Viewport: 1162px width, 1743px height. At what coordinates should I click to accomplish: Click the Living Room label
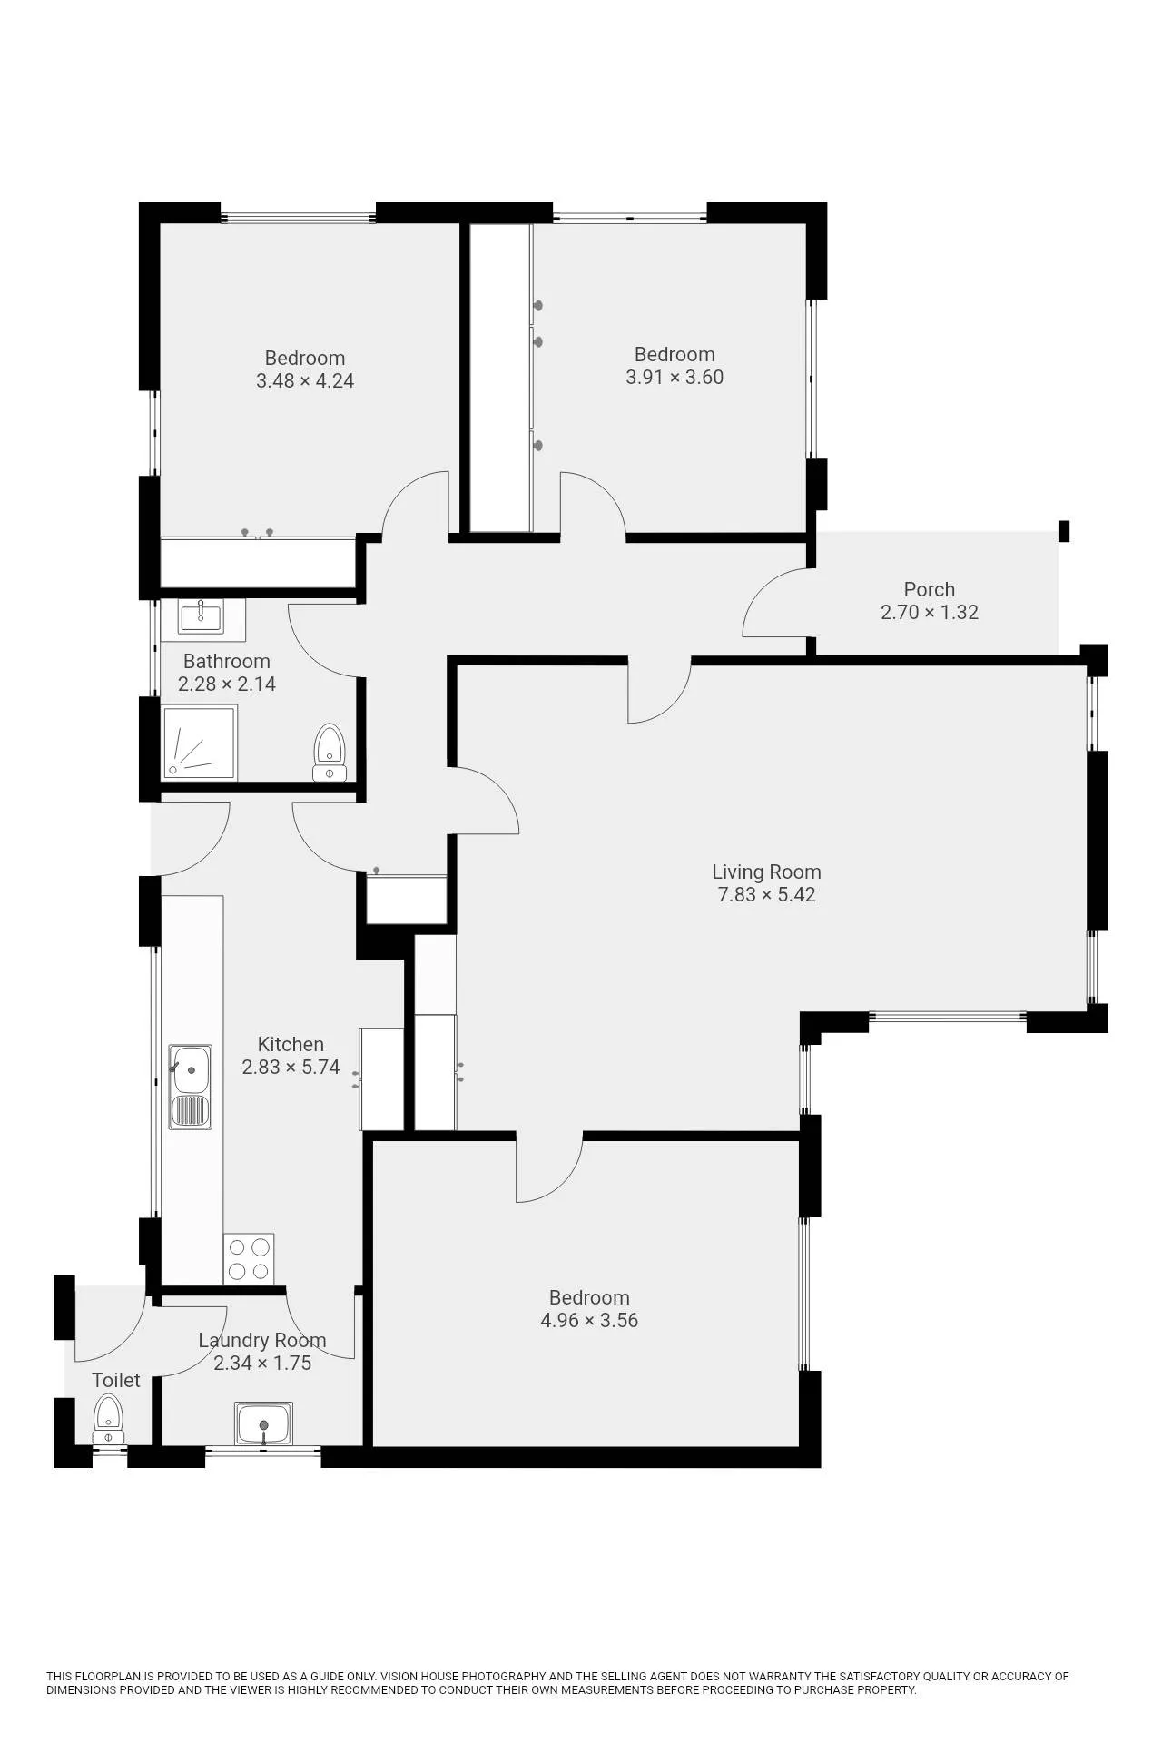[766, 871]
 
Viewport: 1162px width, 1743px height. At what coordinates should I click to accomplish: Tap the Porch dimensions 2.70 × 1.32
[930, 613]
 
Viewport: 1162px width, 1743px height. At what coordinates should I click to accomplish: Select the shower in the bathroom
[200, 742]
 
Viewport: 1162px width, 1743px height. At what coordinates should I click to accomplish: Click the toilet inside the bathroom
[329, 753]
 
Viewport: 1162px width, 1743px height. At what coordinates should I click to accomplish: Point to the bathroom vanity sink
[202, 619]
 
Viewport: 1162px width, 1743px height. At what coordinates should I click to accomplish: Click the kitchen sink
[190, 1087]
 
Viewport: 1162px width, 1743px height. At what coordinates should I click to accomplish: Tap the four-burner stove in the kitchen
[249, 1258]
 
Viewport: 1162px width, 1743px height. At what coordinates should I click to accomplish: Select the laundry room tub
[263, 1423]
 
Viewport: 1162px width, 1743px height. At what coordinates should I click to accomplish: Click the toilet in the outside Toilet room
[108, 1420]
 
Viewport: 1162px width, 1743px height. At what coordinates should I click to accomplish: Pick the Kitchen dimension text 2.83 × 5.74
[290, 1068]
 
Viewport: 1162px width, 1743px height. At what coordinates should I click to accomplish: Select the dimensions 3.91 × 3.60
[675, 378]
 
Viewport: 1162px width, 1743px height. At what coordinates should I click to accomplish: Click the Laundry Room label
[262, 1340]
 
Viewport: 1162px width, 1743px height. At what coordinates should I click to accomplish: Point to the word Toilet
[116, 1380]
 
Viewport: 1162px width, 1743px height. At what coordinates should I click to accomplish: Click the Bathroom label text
[227, 661]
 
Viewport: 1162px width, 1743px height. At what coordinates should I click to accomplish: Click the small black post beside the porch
[1065, 531]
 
